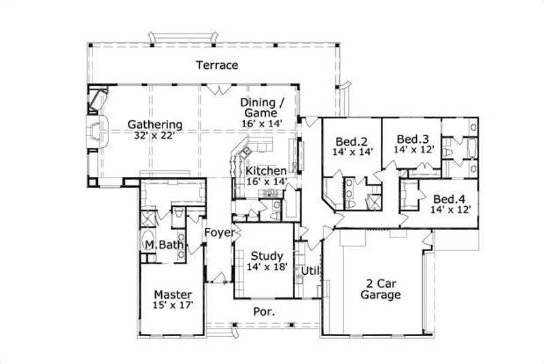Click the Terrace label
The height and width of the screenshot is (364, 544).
coord(217,65)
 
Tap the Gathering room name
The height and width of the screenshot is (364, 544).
coord(155,125)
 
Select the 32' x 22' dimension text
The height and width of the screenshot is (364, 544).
coord(155,135)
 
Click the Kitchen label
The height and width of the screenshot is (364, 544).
coord(266,171)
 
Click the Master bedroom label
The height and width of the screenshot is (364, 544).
coord(173,294)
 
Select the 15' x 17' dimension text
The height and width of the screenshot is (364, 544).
coord(173,305)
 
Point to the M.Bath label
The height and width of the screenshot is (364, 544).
coord(158,244)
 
